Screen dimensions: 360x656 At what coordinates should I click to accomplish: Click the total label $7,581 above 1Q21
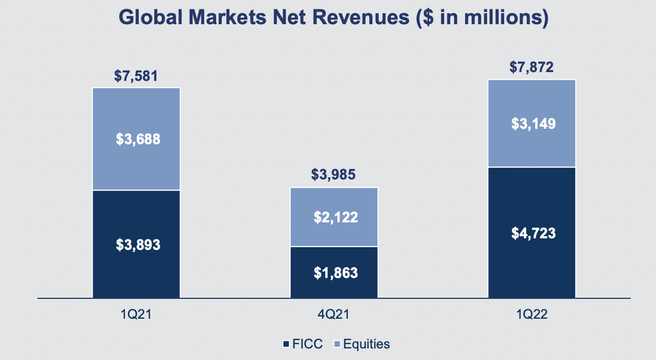click(136, 75)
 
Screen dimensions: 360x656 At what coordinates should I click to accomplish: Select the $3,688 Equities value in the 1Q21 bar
click(138, 139)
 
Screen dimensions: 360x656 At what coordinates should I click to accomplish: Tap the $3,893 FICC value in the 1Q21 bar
click(138, 244)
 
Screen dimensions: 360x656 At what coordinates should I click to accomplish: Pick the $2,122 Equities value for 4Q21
click(336, 217)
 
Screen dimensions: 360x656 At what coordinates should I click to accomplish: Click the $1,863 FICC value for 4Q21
click(336, 272)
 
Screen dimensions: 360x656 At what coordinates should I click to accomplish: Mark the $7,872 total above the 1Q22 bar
click(531, 68)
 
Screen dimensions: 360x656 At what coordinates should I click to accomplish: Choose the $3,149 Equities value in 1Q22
click(533, 123)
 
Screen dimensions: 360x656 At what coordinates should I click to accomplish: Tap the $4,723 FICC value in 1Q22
click(533, 233)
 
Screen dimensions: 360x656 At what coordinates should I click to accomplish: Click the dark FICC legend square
click(286, 345)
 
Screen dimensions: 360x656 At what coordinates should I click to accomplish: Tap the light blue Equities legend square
click(337, 345)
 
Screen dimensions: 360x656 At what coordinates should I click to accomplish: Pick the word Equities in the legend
click(367, 345)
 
